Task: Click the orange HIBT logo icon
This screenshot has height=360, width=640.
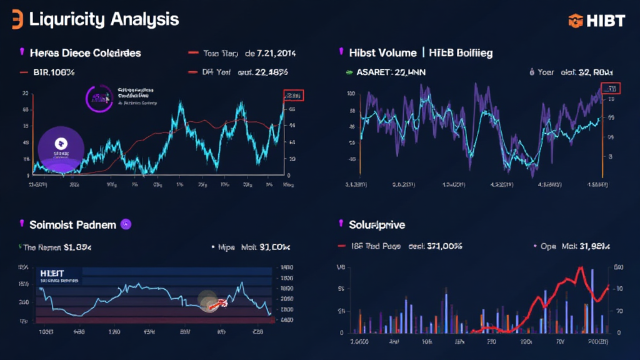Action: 575,21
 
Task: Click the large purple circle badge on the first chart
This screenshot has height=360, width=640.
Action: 61,149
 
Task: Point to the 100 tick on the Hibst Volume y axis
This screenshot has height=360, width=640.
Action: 351,94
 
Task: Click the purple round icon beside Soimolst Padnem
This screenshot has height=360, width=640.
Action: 124,224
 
